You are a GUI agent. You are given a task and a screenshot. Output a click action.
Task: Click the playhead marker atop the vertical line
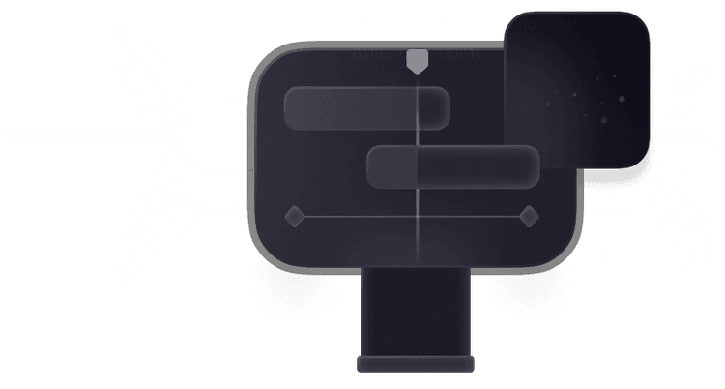(x=416, y=62)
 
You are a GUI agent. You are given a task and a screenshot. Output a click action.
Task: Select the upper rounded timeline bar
(x=366, y=106)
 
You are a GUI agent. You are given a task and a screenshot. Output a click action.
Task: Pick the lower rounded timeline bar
(x=452, y=165)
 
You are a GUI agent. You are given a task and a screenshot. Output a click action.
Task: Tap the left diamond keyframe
(x=294, y=216)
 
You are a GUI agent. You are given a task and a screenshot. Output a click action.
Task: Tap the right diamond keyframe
(x=528, y=216)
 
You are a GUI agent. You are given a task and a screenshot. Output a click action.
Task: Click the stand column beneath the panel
(x=417, y=310)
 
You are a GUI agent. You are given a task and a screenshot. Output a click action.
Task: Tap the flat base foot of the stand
(x=417, y=364)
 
